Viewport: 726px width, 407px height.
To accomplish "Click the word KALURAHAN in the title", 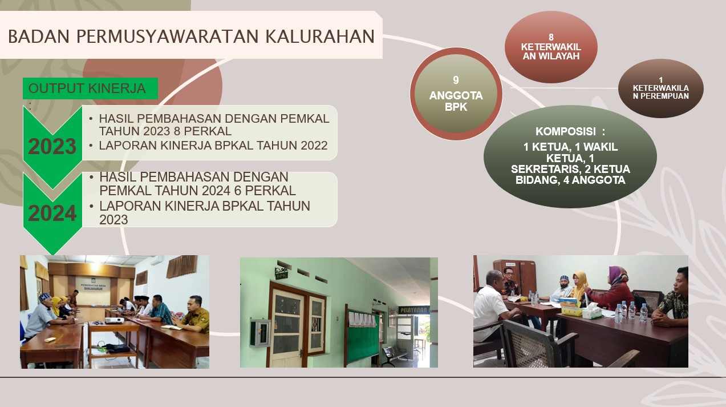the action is point(320,37).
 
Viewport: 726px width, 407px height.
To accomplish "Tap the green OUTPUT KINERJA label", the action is point(90,88).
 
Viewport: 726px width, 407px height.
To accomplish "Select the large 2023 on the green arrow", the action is point(52,146).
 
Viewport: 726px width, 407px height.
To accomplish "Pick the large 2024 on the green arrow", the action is point(52,213).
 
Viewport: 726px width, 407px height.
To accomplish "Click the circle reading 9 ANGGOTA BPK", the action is point(456,94).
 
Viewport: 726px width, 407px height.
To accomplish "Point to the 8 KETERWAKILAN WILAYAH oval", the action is point(551,47).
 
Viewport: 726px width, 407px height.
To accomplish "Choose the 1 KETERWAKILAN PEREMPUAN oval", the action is point(661,88).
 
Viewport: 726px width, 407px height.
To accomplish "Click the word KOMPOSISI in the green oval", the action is point(566,131).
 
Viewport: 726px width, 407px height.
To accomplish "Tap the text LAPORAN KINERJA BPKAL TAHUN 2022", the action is point(213,146).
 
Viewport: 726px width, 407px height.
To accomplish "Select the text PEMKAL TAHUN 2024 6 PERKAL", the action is point(197,191).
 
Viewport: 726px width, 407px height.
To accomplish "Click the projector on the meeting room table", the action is point(115,320).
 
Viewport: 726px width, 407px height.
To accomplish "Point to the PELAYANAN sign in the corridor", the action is point(414,310).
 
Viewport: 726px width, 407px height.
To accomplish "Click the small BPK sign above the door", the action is point(281,276).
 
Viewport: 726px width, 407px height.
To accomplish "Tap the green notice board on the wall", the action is point(363,336).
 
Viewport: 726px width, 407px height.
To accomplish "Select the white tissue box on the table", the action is point(592,312).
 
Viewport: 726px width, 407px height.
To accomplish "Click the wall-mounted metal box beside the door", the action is point(259,332).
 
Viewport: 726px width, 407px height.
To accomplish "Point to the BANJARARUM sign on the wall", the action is point(93,288).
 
